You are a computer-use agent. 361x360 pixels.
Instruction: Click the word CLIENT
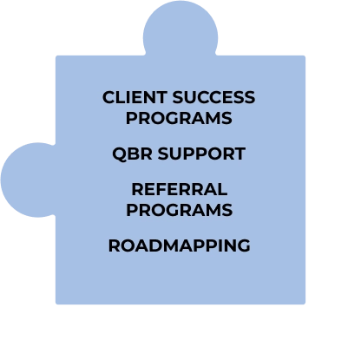pos(135,97)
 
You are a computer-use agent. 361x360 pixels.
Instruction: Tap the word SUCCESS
pos(213,97)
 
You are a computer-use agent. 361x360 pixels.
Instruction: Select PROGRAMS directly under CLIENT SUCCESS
pos(179,118)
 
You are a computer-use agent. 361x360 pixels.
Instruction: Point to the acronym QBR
pos(132,154)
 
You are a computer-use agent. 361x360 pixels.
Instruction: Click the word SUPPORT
pos(201,154)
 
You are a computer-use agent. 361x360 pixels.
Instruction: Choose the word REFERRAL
pos(180,189)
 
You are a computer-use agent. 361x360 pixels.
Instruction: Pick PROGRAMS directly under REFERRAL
pos(180,210)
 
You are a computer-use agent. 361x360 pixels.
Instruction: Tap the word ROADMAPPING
pos(179,245)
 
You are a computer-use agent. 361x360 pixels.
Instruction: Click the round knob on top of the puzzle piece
pos(180,29)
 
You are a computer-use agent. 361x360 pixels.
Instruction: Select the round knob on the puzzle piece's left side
pos(29,180)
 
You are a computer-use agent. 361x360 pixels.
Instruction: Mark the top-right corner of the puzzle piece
pos(305,56)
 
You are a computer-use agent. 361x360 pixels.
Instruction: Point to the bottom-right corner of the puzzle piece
pos(305,304)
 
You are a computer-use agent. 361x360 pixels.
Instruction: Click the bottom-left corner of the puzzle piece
pos(56,304)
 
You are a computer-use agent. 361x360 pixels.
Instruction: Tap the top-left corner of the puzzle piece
pos(56,56)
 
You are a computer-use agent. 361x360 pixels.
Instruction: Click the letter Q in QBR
pos(119,154)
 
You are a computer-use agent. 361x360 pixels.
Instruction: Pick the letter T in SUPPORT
pos(240,154)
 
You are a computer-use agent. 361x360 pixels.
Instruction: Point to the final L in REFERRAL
pos(222,189)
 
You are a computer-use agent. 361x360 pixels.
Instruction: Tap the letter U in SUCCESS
pos(192,97)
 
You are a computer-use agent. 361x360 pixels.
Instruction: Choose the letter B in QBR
pos(134,154)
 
